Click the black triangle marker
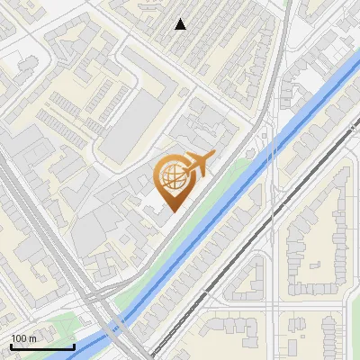[181, 24]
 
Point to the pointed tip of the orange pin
[171, 211]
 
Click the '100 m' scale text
[23, 337]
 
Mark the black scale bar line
[41, 346]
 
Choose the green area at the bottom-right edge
[351, 346]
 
